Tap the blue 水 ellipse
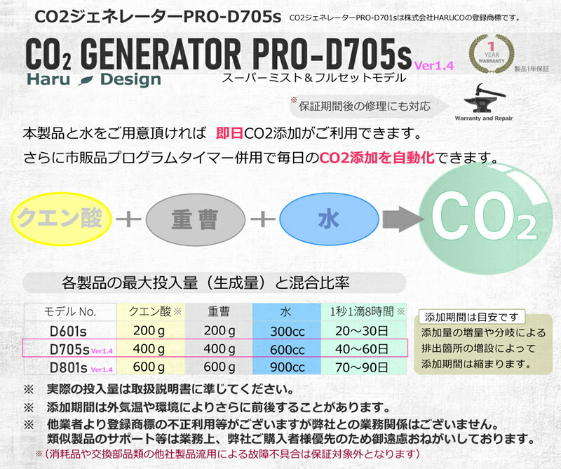pyautogui.click(x=323, y=218)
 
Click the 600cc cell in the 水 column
pyautogui.click(x=288, y=349)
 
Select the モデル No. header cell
pyautogui.click(x=70, y=312)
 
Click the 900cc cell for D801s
pyautogui.click(x=288, y=367)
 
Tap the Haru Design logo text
pyautogui.click(x=95, y=79)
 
